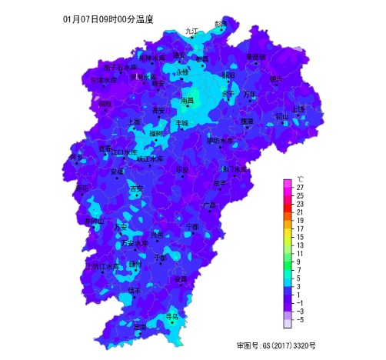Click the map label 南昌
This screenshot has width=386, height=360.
(187, 101)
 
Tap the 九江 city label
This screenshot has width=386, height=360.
(191, 32)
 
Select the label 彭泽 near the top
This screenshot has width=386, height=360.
(221, 24)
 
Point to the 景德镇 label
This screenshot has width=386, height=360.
(255, 57)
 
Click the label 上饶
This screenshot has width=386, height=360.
(298, 109)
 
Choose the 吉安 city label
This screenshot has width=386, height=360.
(135, 188)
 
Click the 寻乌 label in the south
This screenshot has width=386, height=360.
(171, 315)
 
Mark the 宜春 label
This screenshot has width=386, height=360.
(105, 148)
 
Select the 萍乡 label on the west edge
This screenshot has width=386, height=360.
(77, 158)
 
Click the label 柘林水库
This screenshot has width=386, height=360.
(151, 58)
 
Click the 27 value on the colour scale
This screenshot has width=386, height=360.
(300, 187)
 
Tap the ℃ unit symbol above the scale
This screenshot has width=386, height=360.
(300, 178)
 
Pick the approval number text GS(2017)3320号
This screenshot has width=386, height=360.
(276, 345)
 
